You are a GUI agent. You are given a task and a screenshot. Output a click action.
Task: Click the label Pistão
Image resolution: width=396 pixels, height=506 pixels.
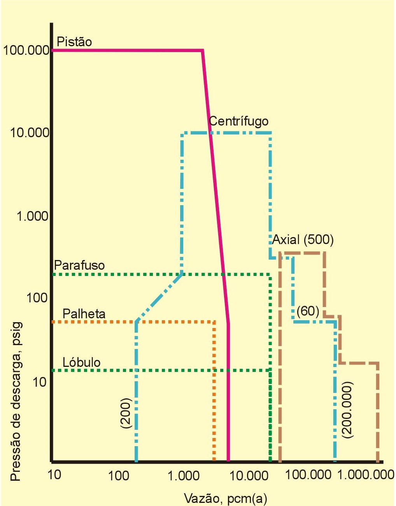[x=74, y=42]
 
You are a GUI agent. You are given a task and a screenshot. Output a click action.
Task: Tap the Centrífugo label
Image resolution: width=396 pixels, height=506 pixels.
[x=238, y=121]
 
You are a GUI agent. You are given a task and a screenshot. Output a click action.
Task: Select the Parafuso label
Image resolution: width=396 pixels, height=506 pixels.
[x=79, y=265]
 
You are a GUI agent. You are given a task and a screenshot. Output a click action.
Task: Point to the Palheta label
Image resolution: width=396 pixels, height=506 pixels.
[x=84, y=314]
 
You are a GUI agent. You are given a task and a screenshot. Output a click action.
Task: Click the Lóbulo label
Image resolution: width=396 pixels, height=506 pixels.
[x=82, y=362]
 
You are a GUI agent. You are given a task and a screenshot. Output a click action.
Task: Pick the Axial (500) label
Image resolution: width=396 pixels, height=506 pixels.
[x=303, y=239]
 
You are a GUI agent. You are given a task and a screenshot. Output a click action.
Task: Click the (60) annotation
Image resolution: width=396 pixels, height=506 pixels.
[x=308, y=311]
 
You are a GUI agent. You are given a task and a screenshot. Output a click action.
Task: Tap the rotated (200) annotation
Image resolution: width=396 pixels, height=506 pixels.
[x=127, y=413]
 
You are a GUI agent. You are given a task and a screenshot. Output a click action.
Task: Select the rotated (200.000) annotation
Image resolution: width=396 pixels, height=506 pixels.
[x=347, y=410]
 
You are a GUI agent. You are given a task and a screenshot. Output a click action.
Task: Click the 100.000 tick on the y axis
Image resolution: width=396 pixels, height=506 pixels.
[x=26, y=50]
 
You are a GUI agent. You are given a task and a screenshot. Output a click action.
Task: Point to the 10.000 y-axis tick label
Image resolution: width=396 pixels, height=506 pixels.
[x=30, y=133]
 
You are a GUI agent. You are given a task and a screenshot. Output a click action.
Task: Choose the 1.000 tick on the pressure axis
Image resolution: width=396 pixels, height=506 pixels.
[x=32, y=216]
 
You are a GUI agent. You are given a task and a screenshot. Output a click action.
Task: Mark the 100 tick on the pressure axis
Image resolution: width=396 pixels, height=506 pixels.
[x=37, y=298]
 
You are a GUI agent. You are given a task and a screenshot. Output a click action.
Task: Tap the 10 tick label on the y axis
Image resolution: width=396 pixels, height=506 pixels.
[x=40, y=382]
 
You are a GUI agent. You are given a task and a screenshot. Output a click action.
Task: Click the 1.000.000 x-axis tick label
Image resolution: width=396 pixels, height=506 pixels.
[x=366, y=475]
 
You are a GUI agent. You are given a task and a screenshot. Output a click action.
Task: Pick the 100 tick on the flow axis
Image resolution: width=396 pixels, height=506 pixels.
[x=119, y=475]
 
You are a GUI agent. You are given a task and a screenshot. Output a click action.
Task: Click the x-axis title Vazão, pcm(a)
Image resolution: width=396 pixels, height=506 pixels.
[x=225, y=498]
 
